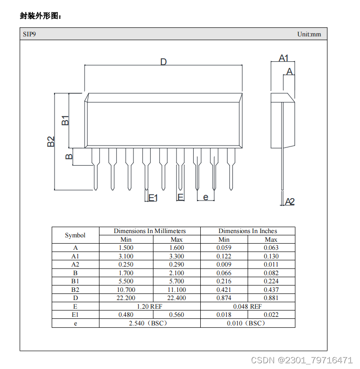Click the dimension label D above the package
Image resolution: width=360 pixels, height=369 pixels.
click(164, 62)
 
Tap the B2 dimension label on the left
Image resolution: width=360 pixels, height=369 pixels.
click(51, 141)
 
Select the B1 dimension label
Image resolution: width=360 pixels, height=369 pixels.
click(65, 120)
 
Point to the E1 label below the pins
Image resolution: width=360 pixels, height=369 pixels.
click(153, 198)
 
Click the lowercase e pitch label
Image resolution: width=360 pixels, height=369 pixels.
click(206, 197)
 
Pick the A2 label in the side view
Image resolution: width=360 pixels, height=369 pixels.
click(290, 201)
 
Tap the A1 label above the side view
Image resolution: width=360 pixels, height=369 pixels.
click(284, 58)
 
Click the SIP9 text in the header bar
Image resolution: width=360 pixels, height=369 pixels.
click(29, 34)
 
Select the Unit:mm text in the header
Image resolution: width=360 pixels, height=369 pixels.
click(309, 34)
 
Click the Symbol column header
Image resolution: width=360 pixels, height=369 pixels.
click(75, 235)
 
